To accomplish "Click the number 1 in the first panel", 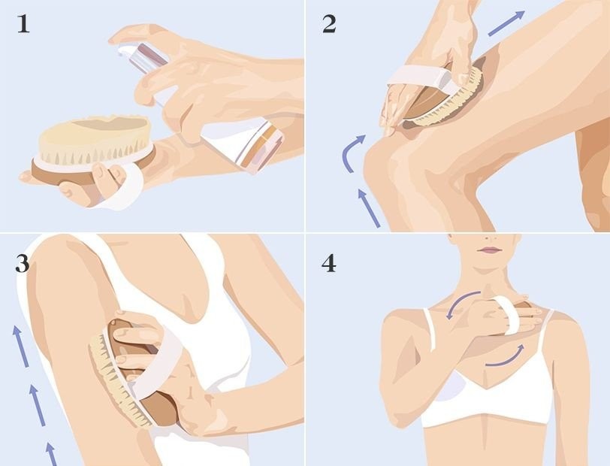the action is click(x=23, y=25).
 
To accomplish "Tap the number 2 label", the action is click(x=329, y=25).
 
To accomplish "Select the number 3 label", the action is click(x=23, y=265).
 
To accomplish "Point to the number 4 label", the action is click(x=329, y=264).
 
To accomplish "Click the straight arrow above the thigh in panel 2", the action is click(x=506, y=23).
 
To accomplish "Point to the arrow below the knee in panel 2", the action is click(x=368, y=207).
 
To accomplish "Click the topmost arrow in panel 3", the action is click(x=20, y=346).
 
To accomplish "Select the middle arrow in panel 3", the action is click(x=38, y=405).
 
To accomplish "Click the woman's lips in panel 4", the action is click(x=489, y=250).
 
